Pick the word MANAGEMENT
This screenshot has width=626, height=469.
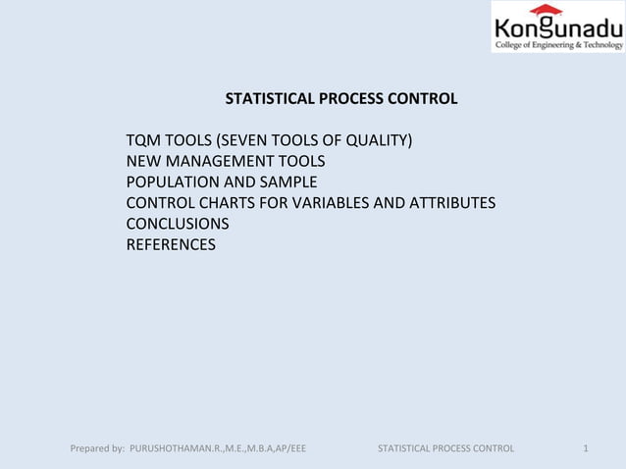coord(221,161)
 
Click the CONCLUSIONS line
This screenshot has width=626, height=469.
coord(178,224)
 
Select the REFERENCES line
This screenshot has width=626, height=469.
coord(171,244)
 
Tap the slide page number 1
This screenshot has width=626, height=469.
coord(585,449)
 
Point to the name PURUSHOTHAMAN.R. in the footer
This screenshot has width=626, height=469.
coord(177,449)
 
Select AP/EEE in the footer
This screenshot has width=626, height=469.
coord(287,449)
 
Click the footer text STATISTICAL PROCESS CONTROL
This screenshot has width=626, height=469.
coord(445,449)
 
